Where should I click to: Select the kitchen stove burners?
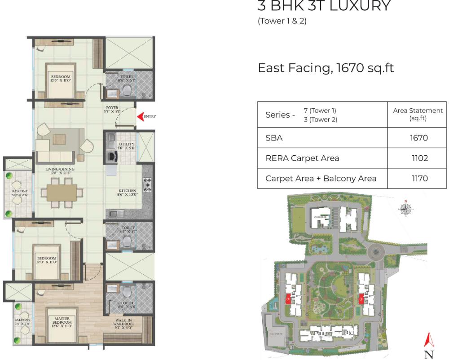pos(147,185)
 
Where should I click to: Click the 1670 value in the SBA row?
pos(418,138)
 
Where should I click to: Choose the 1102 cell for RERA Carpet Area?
pos(418,158)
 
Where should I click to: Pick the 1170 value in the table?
pos(418,178)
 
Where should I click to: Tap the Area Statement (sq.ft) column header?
pos(418,114)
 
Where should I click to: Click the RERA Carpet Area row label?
pos(302,158)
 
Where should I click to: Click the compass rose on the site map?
pos(406,208)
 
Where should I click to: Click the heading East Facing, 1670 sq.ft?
pos(326,68)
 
